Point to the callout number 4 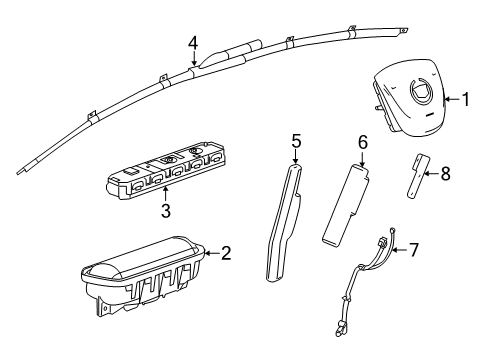pos(193,42)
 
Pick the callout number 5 pos(296,141)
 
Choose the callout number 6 pos(363,143)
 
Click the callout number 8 pos(445,173)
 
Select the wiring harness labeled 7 pos(370,295)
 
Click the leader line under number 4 pos(193,59)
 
